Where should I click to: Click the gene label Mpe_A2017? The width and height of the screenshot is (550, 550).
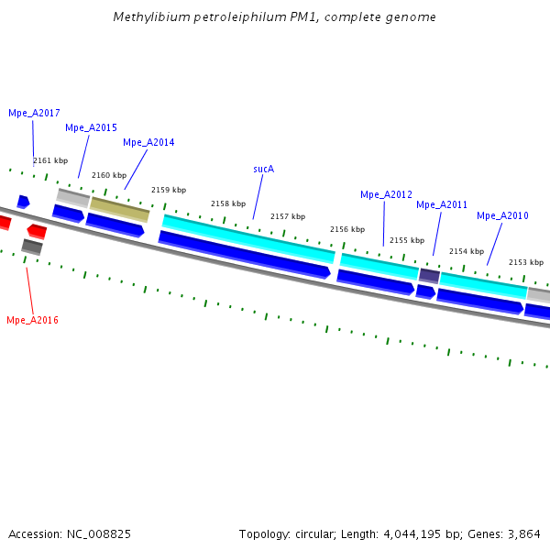click(x=34, y=113)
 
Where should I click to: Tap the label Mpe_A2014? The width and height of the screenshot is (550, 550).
click(x=148, y=142)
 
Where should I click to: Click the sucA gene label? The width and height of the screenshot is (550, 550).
click(x=264, y=169)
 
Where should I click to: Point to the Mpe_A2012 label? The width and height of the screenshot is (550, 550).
click(x=386, y=194)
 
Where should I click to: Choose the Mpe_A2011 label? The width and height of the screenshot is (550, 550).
click(x=442, y=204)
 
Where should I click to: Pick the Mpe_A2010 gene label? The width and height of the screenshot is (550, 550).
click(x=502, y=215)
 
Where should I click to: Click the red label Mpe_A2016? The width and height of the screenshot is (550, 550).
click(x=32, y=320)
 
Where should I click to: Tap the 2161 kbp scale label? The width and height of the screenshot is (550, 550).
click(x=50, y=160)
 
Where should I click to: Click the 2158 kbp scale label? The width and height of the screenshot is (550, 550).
click(x=228, y=203)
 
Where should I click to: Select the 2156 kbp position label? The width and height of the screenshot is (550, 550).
click(x=347, y=229)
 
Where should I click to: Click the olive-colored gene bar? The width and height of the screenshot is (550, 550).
click(x=120, y=209)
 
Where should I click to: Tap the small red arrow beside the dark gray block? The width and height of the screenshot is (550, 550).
click(x=37, y=230)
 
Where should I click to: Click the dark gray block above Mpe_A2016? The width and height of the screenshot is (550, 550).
click(x=32, y=246)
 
